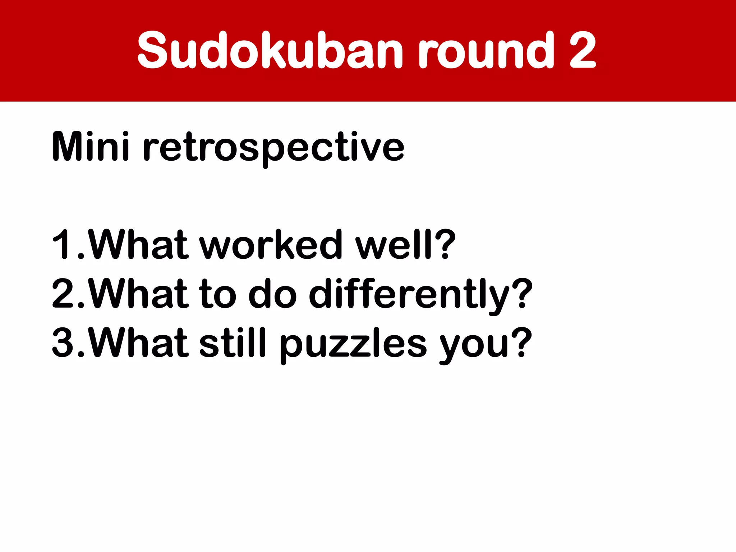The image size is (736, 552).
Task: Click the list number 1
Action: coord(61,244)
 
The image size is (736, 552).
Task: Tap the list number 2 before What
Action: coord(63,294)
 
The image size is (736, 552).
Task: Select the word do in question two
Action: coord(273,294)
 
